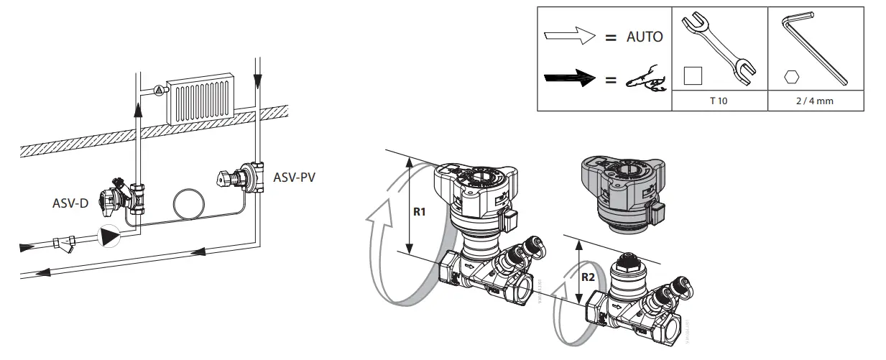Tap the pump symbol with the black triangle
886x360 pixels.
[110, 236]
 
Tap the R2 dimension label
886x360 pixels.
[588, 276]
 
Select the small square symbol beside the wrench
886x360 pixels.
[693, 75]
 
